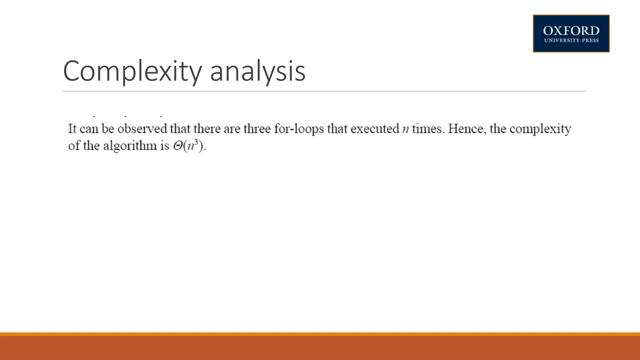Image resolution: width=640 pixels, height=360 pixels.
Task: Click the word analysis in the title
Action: coord(257,71)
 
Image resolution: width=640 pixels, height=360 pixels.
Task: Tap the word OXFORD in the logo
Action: coord(571,31)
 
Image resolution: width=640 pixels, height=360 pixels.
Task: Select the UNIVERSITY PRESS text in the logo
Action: coord(571,40)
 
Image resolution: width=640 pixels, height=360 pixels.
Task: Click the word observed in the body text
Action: coord(142,129)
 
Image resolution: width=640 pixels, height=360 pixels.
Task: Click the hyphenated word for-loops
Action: coord(299,129)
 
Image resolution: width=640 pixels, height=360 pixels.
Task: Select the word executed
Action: coord(375,129)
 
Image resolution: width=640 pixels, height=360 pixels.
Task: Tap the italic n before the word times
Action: coord(405,129)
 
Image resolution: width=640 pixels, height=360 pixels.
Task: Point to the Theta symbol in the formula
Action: coord(178,146)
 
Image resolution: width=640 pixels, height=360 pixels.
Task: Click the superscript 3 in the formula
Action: coord(196,142)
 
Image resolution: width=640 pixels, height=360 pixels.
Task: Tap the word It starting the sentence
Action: coord(72,129)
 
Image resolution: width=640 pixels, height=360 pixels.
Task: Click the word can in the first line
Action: coord(89,129)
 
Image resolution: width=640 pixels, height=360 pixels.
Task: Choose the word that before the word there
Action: coord(180,129)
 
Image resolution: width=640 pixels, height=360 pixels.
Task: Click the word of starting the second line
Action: coord(74,146)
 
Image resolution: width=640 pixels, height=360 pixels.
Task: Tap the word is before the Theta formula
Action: coord(165,146)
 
